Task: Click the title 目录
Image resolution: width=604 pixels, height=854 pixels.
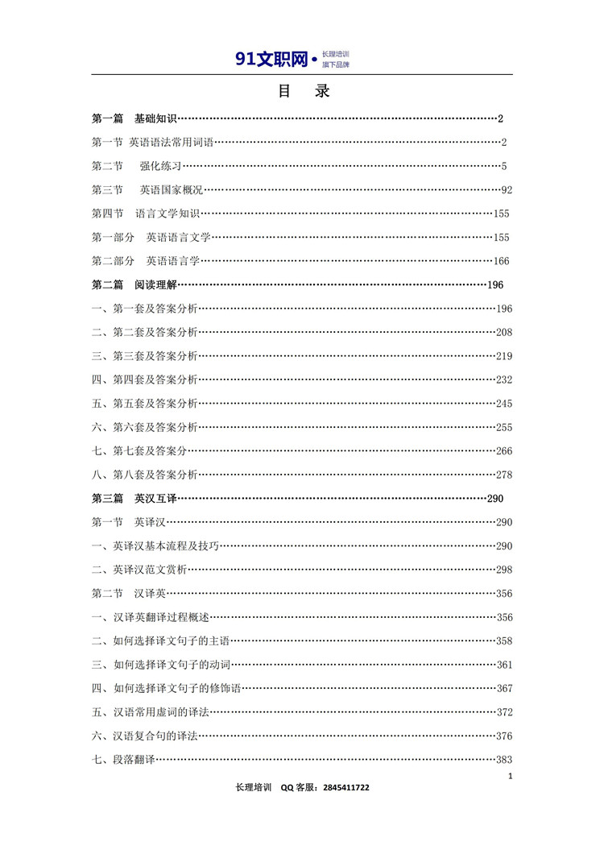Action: pos(303,91)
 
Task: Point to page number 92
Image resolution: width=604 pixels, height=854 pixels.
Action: pos(507,190)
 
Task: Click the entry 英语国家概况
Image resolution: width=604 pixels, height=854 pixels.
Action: pos(171,190)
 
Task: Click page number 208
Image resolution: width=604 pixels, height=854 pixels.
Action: pos(504,332)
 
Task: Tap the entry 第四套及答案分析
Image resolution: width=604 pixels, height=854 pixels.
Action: pos(155,379)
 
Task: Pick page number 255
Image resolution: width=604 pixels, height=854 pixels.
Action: pos(504,427)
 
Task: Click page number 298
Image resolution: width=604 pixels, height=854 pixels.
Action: pos(504,570)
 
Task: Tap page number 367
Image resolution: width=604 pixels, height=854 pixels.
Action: pos(504,688)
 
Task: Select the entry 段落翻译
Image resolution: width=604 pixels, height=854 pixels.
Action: pos(134,760)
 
